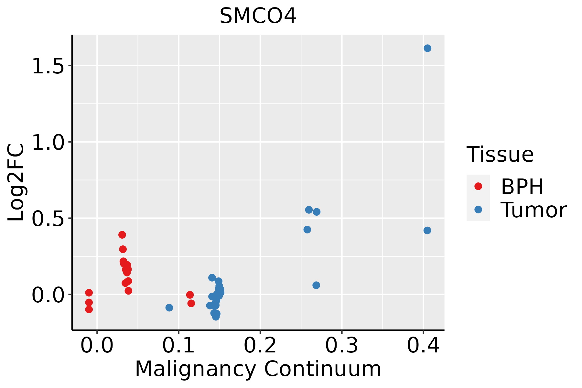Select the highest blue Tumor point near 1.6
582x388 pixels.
pos(427,48)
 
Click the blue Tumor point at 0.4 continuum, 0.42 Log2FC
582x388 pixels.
pos(427,231)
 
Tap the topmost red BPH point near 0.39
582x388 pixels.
pos(122,235)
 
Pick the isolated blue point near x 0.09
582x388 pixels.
pos(169,307)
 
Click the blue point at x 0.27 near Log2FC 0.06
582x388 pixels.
pos(316,285)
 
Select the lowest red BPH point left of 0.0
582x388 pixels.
pos(89,309)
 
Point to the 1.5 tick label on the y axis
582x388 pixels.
pos(48,66)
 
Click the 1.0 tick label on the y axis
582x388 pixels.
pos(48,142)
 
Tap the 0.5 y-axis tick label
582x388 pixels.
pos(48,219)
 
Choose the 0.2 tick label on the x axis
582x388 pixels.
pos(260,346)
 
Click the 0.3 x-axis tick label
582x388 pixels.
pos(341,346)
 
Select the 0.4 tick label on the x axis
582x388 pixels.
pos(423,346)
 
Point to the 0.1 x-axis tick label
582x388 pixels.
pos(178,346)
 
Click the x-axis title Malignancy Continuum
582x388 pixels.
pos(258,369)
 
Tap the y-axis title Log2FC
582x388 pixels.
pos(16,183)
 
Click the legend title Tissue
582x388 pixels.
pos(500,154)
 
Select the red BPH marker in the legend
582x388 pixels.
pos(478,186)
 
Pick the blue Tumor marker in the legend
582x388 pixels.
pos(478,210)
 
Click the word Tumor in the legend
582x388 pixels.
pos(533,210)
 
